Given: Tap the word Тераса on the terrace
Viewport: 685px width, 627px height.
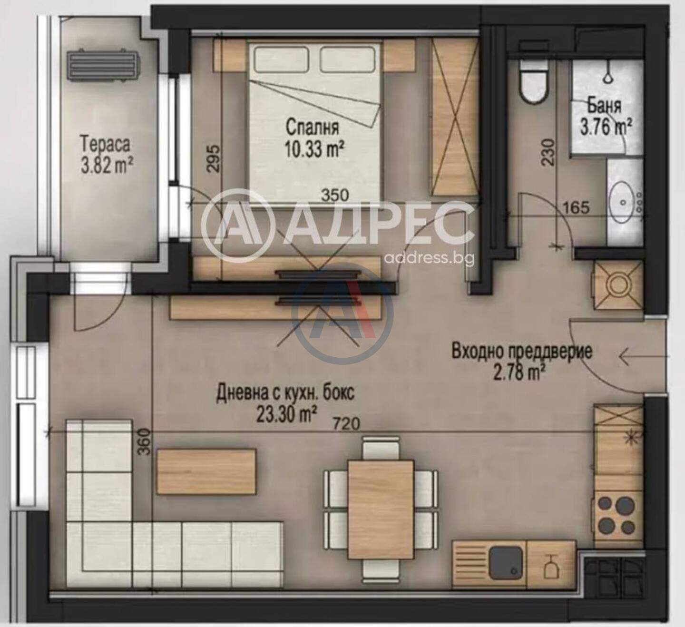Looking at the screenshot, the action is (x=106, y=144).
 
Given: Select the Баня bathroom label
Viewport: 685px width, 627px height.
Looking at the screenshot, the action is (x=604, y=107).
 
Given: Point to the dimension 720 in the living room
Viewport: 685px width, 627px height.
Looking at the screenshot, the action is (x=347, y=424).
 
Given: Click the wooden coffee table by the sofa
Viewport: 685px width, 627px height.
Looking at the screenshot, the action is (x=206, y=471).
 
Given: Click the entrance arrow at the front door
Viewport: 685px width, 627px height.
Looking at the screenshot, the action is (x=642, y=356).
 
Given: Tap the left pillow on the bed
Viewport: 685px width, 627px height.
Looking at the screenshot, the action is (x=282, y=58).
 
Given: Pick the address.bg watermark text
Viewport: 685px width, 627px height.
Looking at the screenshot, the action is (x=429, y=259).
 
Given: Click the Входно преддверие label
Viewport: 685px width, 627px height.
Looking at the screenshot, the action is (x=522, y=352).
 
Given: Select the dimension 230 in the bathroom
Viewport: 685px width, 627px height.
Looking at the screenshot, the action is (x=549, y=152).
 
